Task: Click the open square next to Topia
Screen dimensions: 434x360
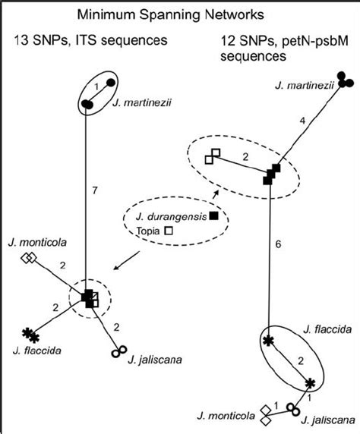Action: pyautogui.click(x=170, y=230)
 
